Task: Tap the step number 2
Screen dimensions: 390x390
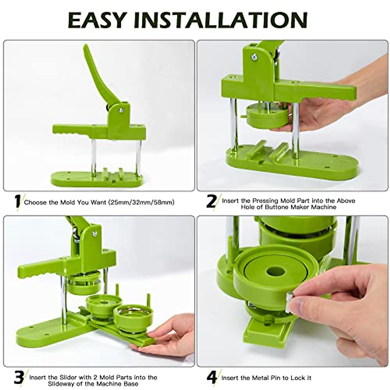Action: (x=211, y=201)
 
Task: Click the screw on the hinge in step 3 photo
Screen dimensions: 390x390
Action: (x=95, y=233)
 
